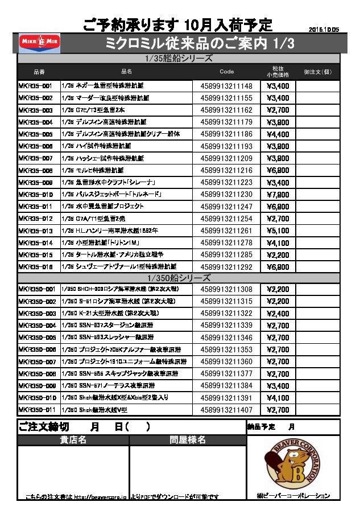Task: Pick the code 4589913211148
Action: (x=226, y=86)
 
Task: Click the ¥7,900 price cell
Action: (x=278, y=195)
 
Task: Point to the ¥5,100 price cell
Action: (x=278, y=231)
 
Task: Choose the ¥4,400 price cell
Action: (x=278, y=134)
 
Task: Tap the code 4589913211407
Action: (x=226, y=410)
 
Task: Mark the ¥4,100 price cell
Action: (x=278, y=398)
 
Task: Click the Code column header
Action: (x=226, y=72)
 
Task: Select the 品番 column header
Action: (x=39, y=72)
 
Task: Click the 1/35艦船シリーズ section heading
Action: (x=179, y=59)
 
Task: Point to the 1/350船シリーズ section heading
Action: (x=179, y=278)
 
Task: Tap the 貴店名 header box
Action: (x=73, y=440)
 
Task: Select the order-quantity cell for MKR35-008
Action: (x=317, y=171)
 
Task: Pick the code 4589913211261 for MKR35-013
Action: (x=226, y=231)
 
